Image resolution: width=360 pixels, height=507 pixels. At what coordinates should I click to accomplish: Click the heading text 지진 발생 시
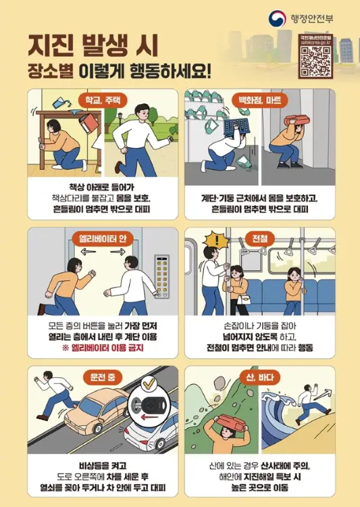click(93, 45)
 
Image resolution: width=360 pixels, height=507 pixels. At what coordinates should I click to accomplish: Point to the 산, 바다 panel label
click(259, 375)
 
